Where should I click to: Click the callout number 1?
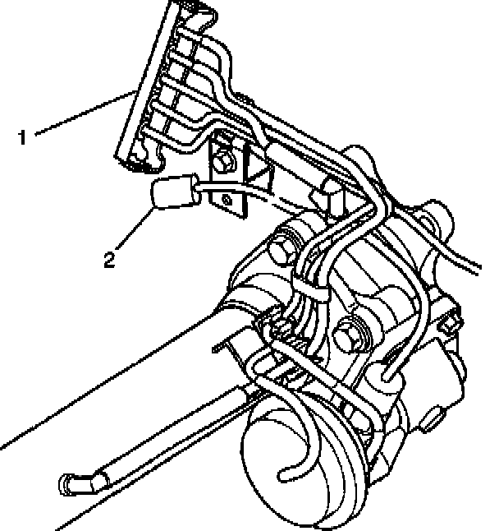click(24, 136)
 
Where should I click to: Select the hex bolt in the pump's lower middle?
click(345, 332)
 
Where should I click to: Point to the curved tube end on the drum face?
click(286, 473)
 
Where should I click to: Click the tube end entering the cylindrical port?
click(387, 377)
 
